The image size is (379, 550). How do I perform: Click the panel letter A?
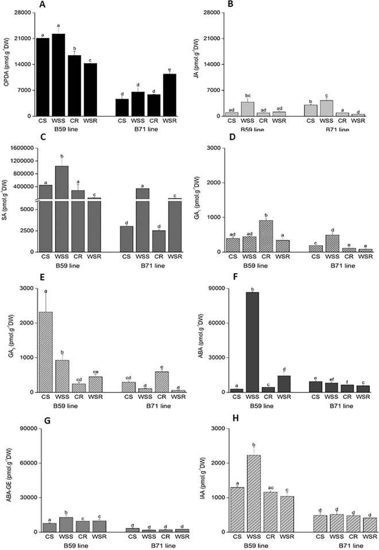tap(42, 5)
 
